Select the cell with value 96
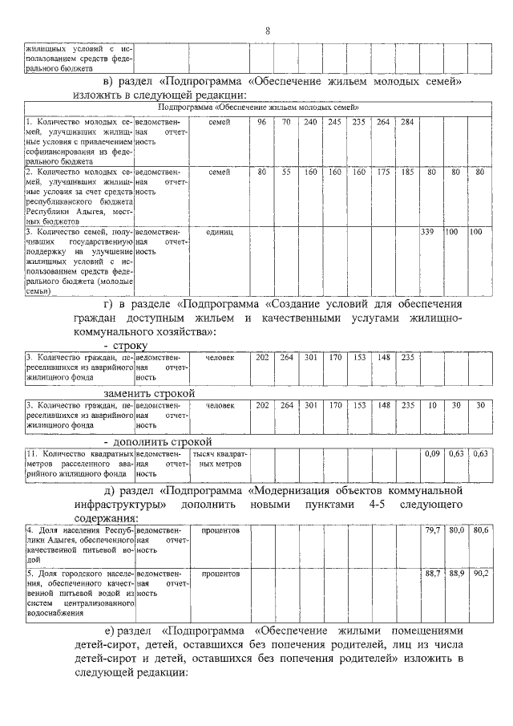pos(262,122)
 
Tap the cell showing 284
pos(406,122)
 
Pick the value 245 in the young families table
pos(334,122)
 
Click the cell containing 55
pos(286,172)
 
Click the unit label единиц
pos(219,231)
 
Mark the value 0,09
pos(431,454)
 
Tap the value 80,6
pos(479,530)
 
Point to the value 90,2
pos(479,574)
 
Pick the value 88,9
pos(455,574)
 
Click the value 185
pos(406,172)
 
